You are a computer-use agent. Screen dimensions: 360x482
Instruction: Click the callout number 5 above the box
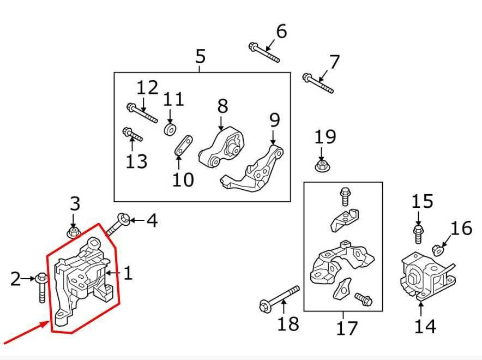[x=200, y=56]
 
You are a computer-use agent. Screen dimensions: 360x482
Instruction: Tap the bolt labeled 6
[x=264, y=53]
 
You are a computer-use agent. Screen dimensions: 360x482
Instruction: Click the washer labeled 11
[x=170, y=129]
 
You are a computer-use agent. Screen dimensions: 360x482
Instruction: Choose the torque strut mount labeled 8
[x=222, y=149]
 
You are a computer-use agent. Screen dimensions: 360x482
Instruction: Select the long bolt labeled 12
[x=142, y=113]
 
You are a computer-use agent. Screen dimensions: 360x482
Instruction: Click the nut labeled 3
[x=75, y=233]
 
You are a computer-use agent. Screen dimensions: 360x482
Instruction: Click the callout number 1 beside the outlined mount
[x=128, y=273]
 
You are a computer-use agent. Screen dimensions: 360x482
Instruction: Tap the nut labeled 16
[x=436, y=250]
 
